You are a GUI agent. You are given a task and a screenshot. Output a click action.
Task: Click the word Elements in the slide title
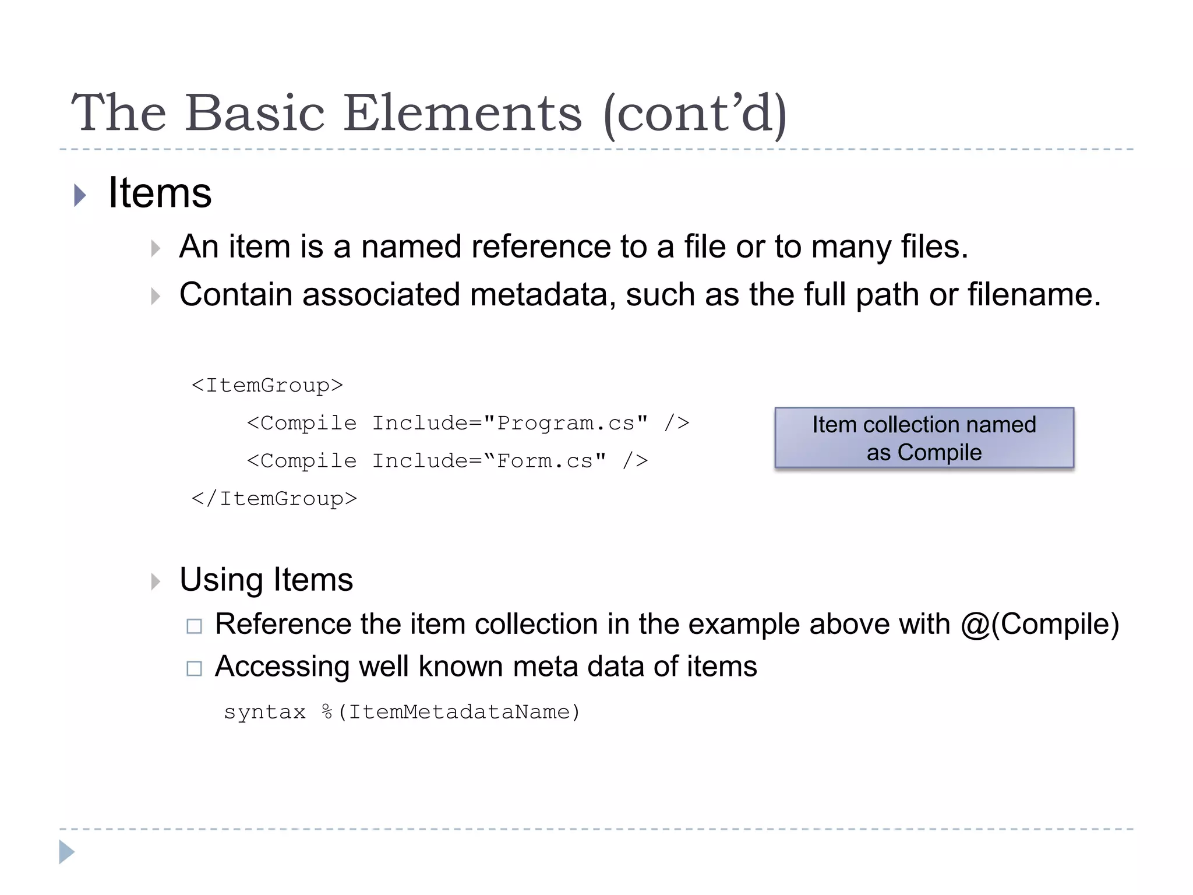pos(463,113)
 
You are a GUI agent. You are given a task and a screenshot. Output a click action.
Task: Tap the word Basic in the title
pos(255,113)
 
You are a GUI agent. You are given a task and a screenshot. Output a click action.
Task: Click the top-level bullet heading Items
pos(160,193)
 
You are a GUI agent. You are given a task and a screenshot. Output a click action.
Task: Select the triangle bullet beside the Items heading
pos(80,195)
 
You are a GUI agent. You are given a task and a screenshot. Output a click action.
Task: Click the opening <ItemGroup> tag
pos(267,385)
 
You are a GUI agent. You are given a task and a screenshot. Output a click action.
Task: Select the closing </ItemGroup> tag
pos(274,499)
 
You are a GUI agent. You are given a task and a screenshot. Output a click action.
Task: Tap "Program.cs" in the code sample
pos(566,423)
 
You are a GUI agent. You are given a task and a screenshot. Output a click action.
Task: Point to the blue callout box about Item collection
pos(924,438)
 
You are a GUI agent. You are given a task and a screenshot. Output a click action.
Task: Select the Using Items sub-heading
pos(266,580)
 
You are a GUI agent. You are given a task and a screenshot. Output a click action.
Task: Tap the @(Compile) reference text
pos(1040,624)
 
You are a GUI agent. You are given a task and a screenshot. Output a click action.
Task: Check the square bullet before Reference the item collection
pos(194,626)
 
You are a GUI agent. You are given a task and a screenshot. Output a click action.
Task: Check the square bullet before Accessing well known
pos(194,668)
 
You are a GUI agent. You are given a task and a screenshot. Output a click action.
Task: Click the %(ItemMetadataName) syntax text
pos(451,712)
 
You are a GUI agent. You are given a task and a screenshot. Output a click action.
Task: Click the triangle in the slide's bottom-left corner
pos(66,852)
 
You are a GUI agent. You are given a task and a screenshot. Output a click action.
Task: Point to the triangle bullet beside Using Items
pos(155,582)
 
